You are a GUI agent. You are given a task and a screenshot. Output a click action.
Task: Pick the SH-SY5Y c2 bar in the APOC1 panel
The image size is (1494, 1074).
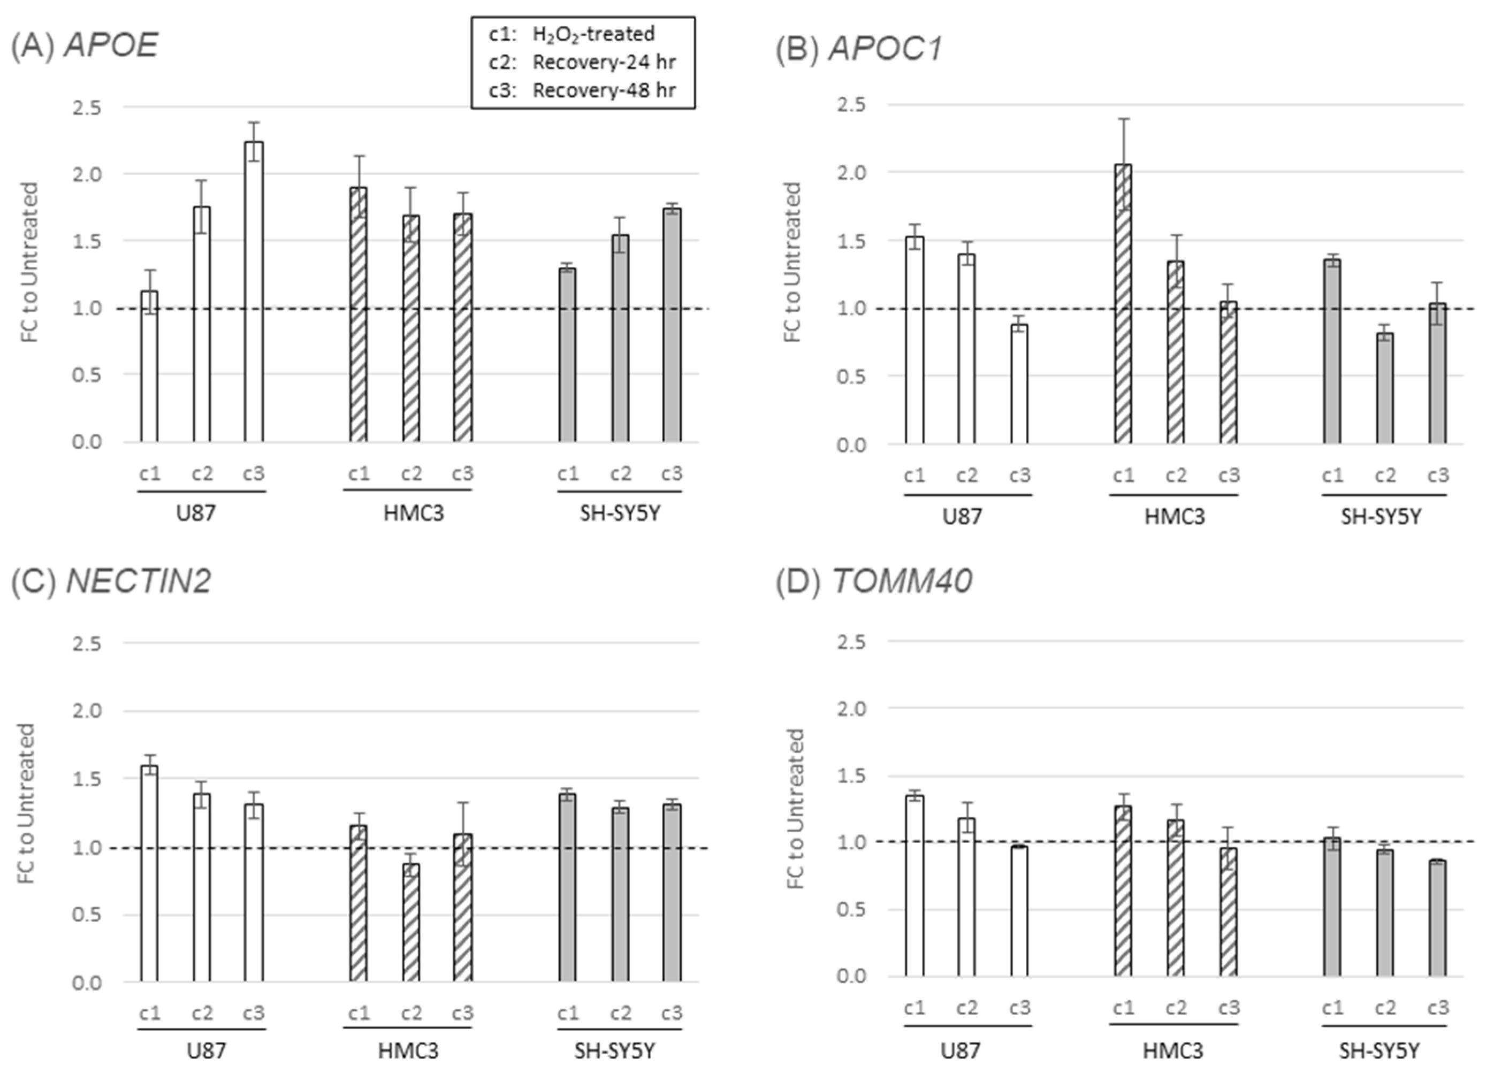pyautogui.click(x=1385, y=388)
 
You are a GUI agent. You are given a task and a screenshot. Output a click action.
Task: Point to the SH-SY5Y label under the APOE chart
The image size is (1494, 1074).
pyautogui.click(x=619, y=513)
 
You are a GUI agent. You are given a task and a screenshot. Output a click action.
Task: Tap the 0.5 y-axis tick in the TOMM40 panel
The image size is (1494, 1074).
pyautogui.click(x=851, y=910)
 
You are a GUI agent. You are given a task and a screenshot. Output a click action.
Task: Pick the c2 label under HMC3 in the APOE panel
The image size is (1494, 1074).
pyautogui.click(x=411, y=474)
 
